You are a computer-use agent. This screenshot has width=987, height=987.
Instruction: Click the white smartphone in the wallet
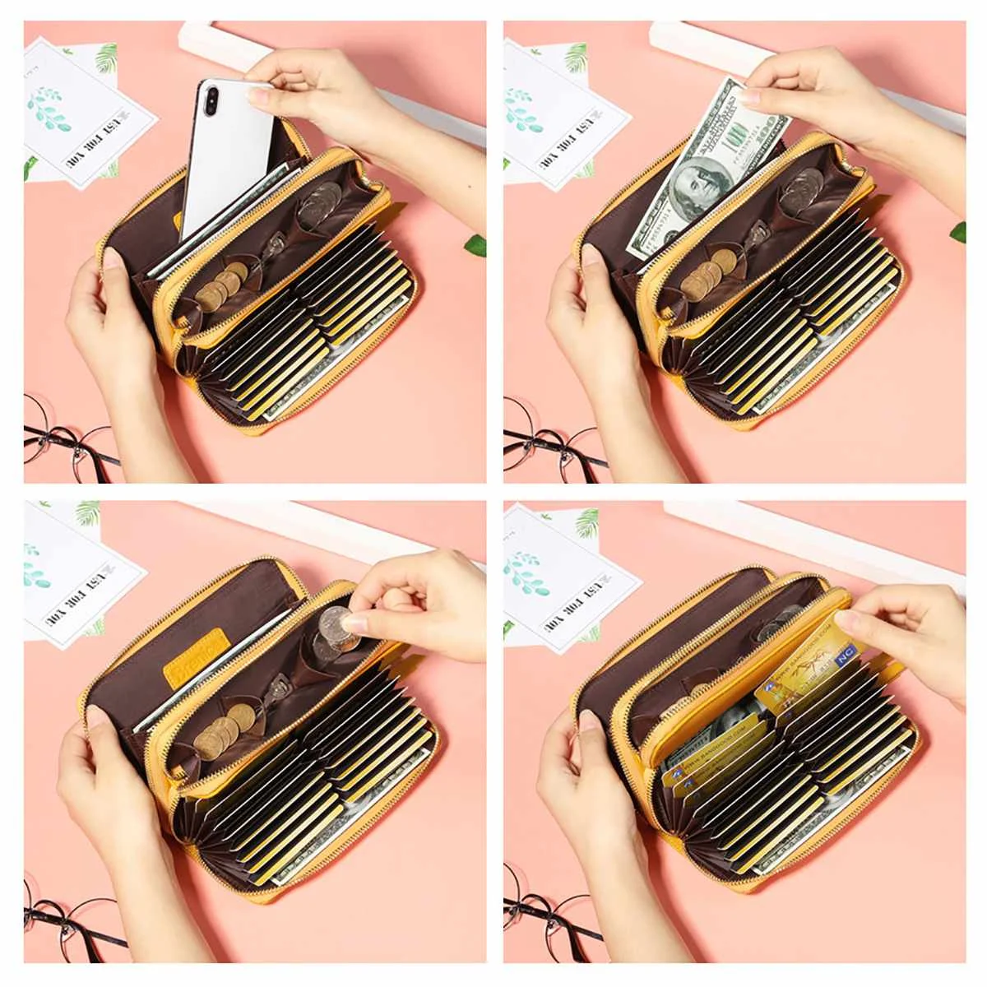point(226,156)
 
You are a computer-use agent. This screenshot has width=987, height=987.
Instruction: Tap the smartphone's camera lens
point(211,99)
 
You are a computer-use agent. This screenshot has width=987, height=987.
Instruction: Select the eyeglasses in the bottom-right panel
point(543,913)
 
